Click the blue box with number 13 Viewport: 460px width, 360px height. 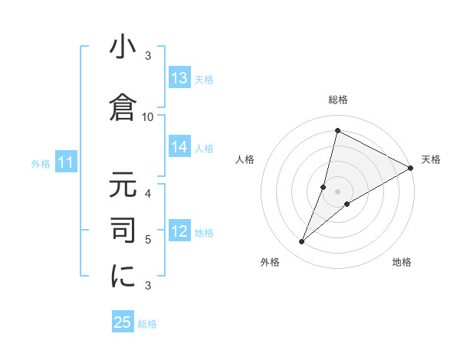tap(179, 78)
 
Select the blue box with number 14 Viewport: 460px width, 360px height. tap(179, 148)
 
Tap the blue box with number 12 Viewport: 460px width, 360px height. tap(179, 232)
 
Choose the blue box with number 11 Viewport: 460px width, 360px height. tap(66, 162)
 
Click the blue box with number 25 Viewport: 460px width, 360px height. tap(123, 322)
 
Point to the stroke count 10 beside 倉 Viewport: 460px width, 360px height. tap(148, 116)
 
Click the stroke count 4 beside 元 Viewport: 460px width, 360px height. tap(148, 193)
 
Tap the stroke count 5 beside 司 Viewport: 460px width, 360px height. tap(148, 240)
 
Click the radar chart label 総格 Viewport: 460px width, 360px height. tap(337, 100)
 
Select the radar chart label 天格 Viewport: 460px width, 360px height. tap(431, 159)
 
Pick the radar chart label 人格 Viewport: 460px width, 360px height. tap(245, 159)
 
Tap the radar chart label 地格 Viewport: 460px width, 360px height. tap(402, 262)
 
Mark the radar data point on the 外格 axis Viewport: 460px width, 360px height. tap(302, 242)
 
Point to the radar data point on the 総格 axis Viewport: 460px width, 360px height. tap(337, 131)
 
